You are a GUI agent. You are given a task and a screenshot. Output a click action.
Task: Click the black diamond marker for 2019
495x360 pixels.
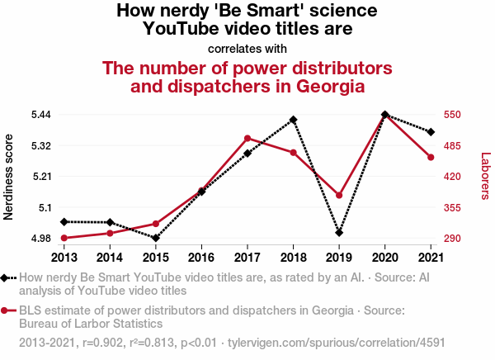339,233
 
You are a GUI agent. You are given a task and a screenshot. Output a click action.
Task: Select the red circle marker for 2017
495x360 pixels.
247,138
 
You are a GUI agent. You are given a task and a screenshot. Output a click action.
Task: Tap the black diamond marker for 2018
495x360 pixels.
294,120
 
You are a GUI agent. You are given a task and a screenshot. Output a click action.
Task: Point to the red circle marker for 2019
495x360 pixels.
339,196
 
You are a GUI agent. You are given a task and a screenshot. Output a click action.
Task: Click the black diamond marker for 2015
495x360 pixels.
155,238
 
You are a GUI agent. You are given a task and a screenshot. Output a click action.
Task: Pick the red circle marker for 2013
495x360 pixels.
64,238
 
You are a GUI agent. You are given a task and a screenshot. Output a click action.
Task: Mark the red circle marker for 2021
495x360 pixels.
431,157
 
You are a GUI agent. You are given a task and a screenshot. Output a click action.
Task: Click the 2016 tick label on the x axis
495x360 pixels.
201,257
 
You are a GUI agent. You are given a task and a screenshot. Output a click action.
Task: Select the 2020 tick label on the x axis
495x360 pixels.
385,257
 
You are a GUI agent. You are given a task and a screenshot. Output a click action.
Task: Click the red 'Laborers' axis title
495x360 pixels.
485,176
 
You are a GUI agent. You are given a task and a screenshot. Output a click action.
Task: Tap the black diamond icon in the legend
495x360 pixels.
8,278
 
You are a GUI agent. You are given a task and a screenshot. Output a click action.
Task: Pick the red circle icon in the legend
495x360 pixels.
8,310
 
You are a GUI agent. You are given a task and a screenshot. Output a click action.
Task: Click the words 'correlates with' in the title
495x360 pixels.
247,47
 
